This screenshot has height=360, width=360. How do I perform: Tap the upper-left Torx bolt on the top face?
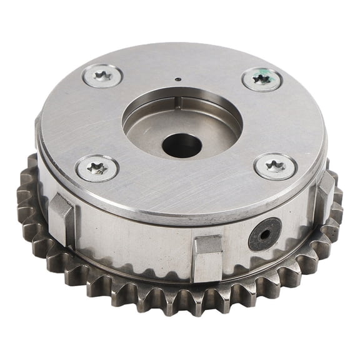[103, 76]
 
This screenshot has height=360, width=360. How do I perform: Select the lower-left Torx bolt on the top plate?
[97, 168]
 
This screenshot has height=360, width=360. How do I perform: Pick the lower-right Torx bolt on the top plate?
[275, 166]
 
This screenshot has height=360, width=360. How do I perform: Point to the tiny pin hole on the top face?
[177, 79]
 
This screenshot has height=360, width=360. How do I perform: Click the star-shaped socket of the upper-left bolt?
[103, 76]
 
